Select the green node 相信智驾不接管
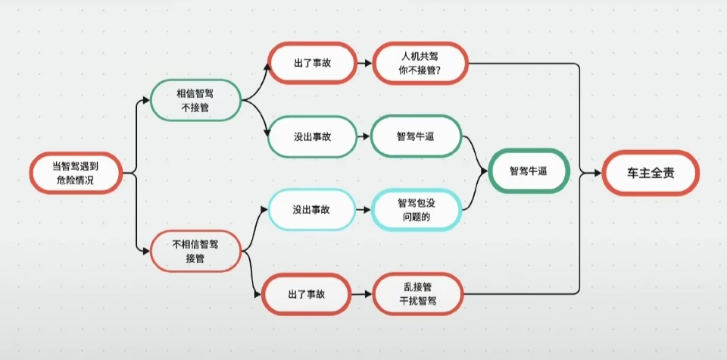pos(195,100)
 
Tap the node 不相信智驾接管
pos(195,251)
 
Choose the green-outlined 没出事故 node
pos(313,136)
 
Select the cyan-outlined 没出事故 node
pos(311,208)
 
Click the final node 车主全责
pos(650,174)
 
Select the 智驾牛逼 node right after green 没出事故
pos(416,136)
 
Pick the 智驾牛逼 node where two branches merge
pos(529,172)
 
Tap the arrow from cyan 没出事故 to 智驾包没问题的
pos(363,208)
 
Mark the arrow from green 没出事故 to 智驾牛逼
pos(363,136)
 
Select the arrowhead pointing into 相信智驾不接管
pos(146,100)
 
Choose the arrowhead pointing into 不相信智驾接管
pos(146,251)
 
